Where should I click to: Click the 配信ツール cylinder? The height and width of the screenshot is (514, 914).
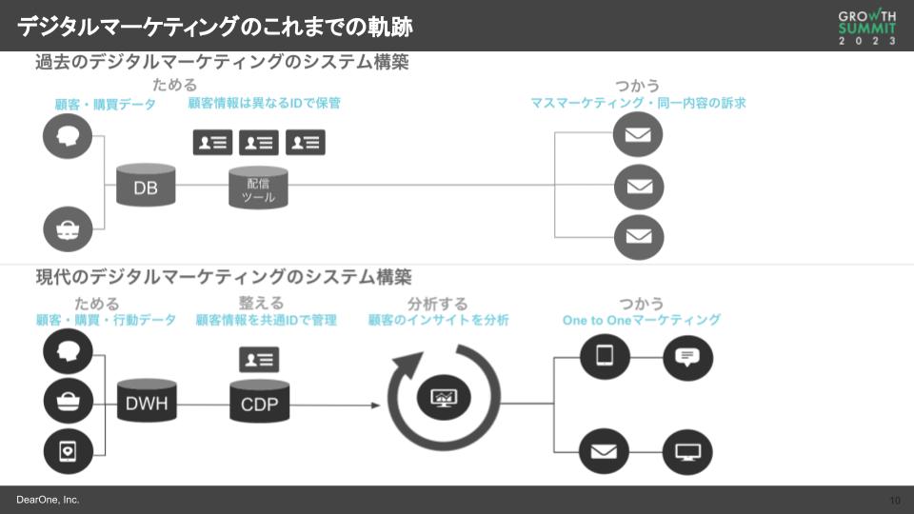pyautogui.click(x=258, y=188)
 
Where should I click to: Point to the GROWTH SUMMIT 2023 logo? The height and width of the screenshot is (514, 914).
pyautogui.click(x=866, y=27)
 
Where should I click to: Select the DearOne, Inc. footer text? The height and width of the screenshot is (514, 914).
pyautogui.click(x=48, y=500)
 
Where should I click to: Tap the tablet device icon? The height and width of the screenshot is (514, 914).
pyautogui.click(x=605, y=357)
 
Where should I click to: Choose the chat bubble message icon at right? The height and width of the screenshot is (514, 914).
pyautogui.click(x=687, y=357)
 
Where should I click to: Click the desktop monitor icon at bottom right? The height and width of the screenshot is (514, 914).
pyautogui.click(x=687, y=452)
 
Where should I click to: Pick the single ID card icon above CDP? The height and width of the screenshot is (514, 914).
pyautogui.click(x=259, y=359)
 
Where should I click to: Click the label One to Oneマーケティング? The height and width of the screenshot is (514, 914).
pyautogui.click(x=641, y=321)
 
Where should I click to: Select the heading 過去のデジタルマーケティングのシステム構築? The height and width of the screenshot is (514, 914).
pyautogui.click(x=222, y=63)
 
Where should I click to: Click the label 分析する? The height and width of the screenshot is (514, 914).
pyautogui.click(x=438, y=304)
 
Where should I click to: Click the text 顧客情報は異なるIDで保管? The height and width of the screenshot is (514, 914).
pyautogui.click(x=264, y=103)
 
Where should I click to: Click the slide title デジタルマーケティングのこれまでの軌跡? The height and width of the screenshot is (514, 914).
pyautogui.click(x=215, y=27)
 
